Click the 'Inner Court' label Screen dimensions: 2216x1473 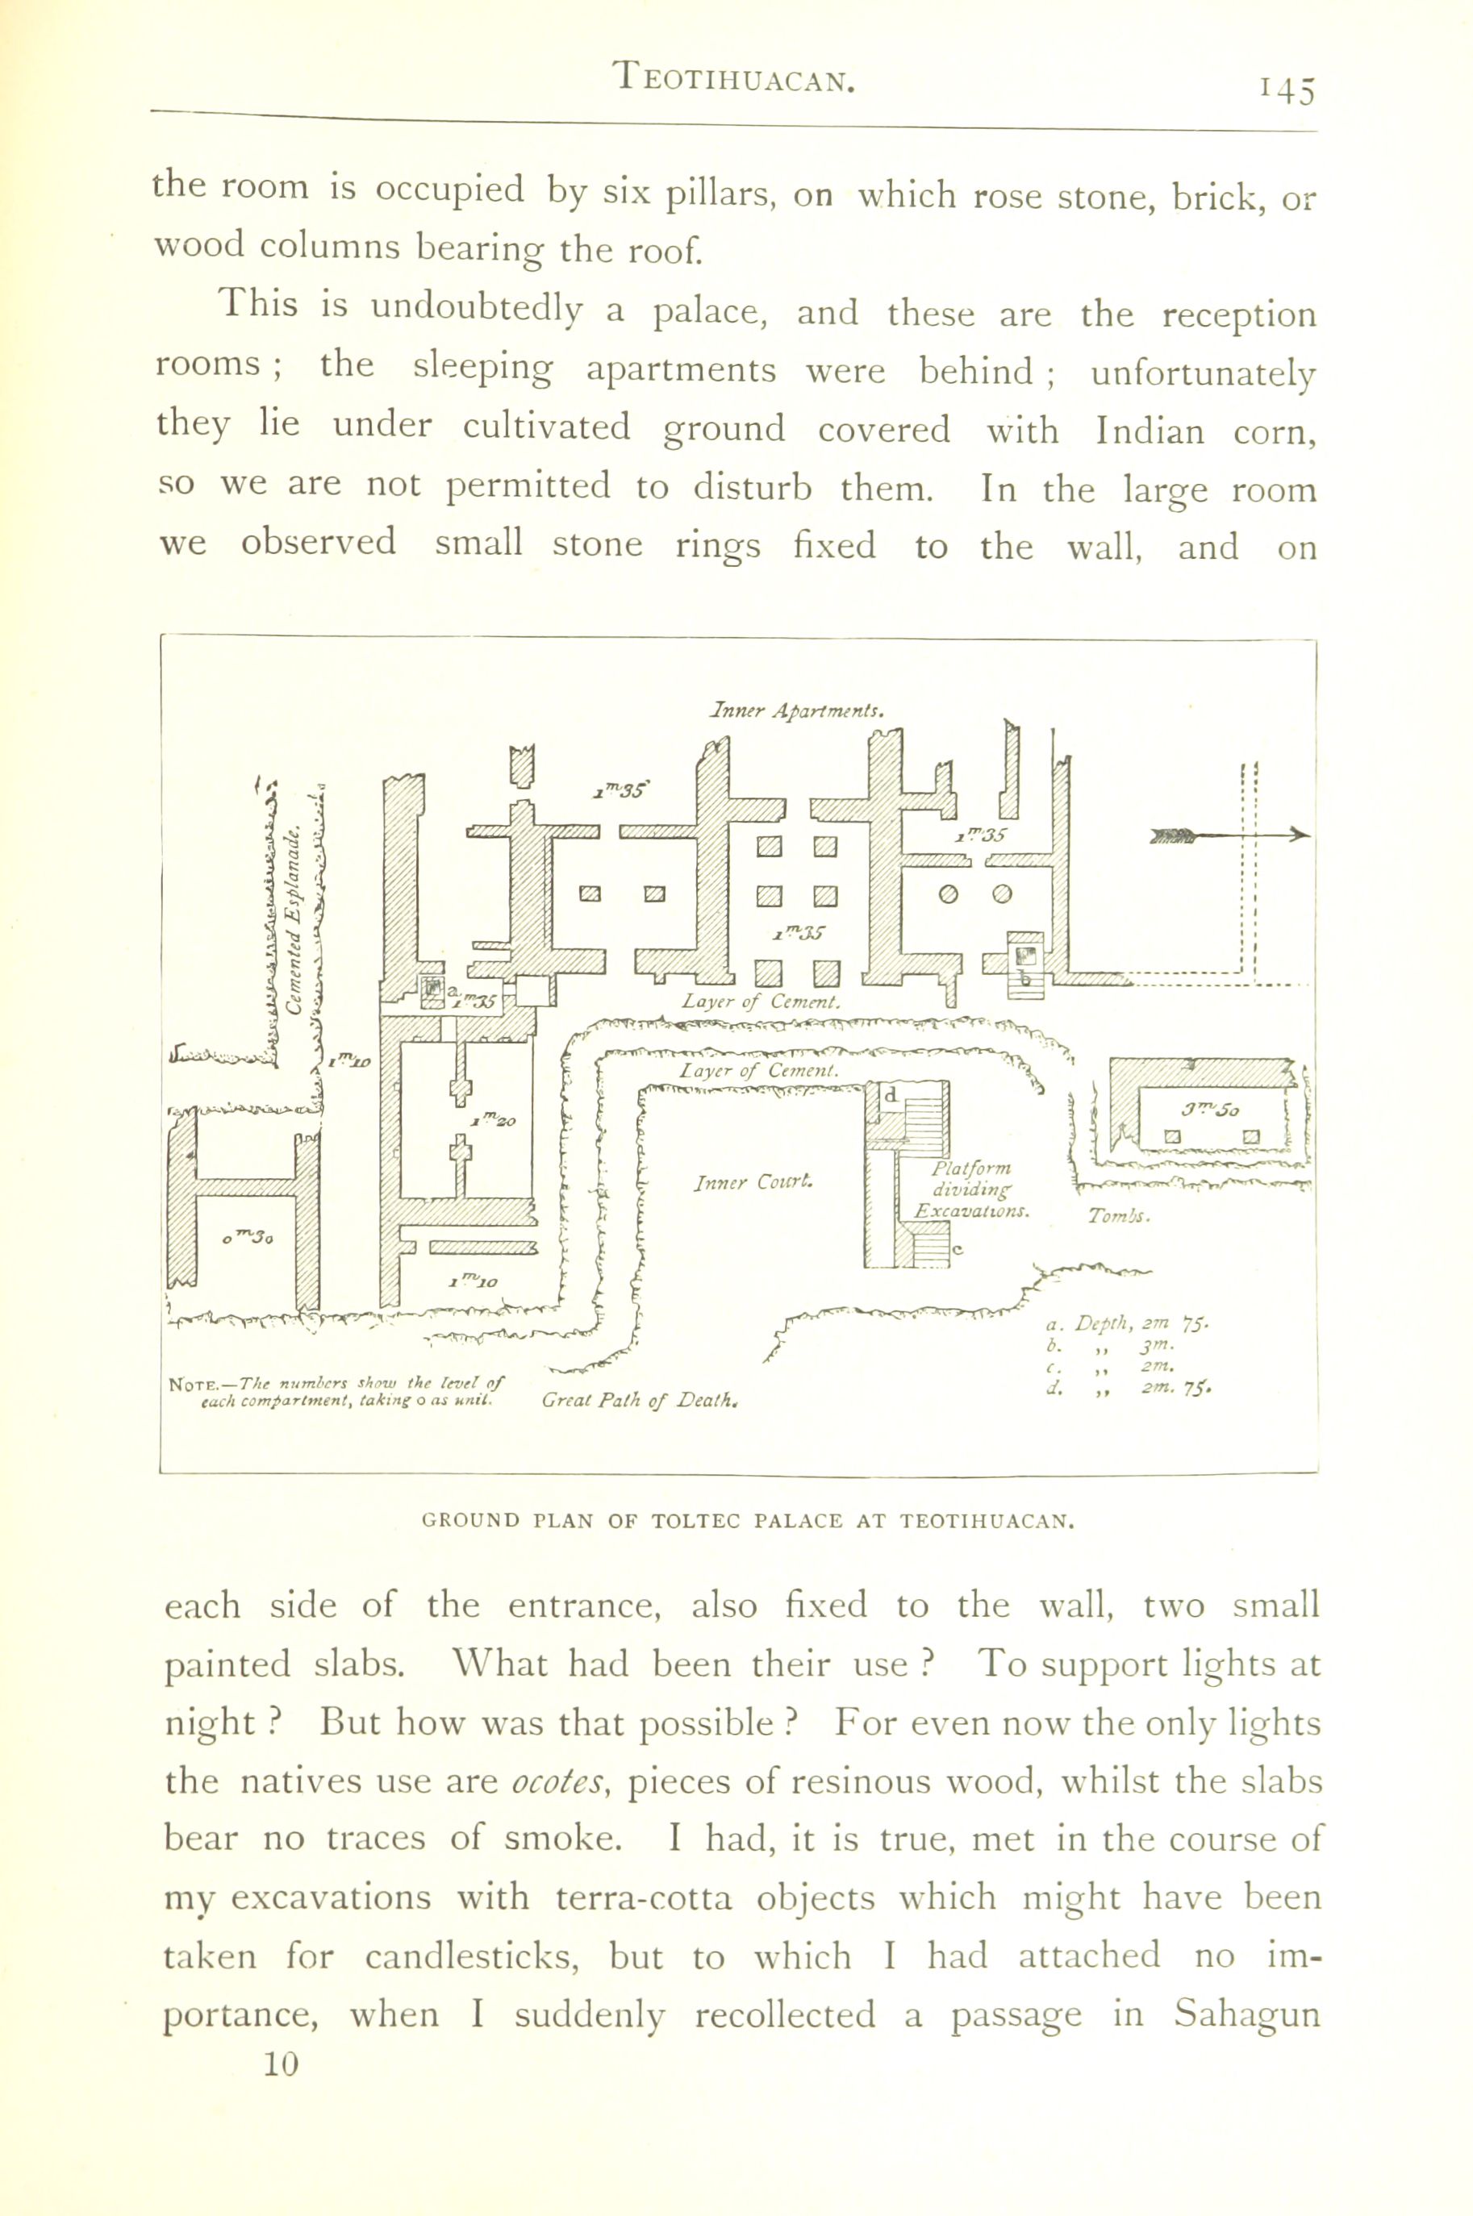(753, 1181)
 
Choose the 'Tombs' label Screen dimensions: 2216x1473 (1119, 1216)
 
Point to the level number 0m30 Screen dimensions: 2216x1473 (248, 1238)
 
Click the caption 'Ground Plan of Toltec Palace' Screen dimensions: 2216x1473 (748, 1520)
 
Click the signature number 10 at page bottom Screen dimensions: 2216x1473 (280, 2064)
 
